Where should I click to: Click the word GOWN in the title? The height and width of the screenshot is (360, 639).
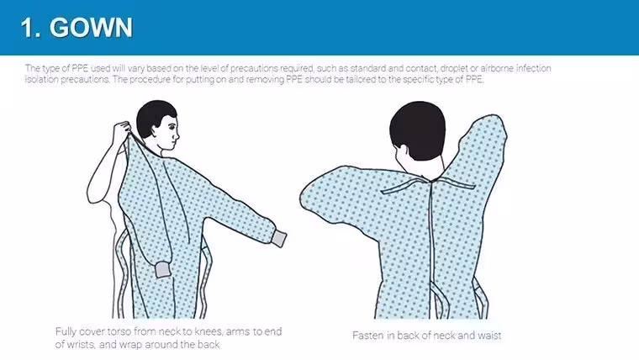pyautogui.click(x=92, y=28)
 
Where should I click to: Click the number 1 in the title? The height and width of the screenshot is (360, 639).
pyautogui.click(x=28, y=28)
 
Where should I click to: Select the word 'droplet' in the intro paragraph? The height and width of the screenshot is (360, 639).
pyautogui.click(x=454, y=68)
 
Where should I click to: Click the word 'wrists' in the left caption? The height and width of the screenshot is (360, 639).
pyautogui.click(x=81, y=345)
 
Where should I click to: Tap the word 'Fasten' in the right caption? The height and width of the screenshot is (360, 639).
pyautogui.click(x=367, y=336)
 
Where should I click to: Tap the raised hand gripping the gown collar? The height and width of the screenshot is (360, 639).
pyautogui.click(x=121, y=130)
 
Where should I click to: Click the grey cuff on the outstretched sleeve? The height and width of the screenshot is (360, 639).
pyautogui.click(x=279, y=238)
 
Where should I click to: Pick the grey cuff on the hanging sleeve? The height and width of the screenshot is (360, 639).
pyautogui.click(x=163, y=270)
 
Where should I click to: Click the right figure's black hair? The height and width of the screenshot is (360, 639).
pyautogui.click(x=417, y=130)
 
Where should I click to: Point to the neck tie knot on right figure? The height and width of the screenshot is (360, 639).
pyautogui.click(x=433, y=180)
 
